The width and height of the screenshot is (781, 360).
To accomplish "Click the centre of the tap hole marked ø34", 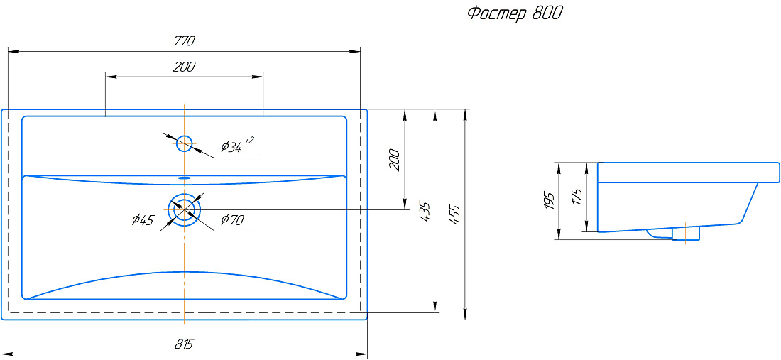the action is [185, 143].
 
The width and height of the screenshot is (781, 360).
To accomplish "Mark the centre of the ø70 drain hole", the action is [185, 209].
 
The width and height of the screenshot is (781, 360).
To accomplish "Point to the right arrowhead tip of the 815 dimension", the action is [367, 351].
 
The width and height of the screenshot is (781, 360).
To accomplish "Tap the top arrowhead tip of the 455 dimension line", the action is [465, 109].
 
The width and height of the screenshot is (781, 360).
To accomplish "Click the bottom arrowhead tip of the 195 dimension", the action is [558, 240].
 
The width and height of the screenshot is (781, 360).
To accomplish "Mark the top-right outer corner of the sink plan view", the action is [367, 109].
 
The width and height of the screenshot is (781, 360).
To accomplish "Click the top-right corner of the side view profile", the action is [779, 163].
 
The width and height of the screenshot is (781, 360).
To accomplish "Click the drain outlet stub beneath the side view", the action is [686, 234].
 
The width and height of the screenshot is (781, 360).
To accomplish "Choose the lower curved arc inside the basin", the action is [185, 285].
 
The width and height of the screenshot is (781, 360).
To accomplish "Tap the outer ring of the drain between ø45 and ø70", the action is [185, 209].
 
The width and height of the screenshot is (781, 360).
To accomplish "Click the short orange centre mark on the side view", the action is [686, 232].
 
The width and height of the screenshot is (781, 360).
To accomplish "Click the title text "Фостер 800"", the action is [515, 14].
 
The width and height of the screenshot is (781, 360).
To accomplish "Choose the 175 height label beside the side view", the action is [577, 196].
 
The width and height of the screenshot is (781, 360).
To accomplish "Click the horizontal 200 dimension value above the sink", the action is [184, 67].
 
